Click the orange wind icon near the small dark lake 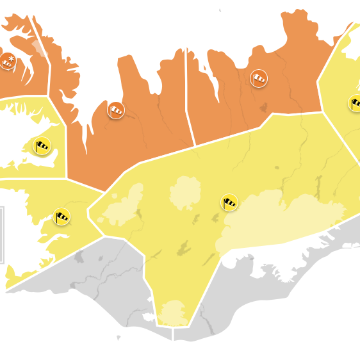(x=259, y=79)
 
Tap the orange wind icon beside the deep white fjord (x=116, y=110)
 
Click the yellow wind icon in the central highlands (x=229, y=202)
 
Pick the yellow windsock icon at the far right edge (x=356, y=102)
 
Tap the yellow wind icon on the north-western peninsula (x=42, y=146)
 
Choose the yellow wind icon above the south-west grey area (x=61, y=217)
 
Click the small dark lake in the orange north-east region (x=263, y=107)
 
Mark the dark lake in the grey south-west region (x=80, y=258)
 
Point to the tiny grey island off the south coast (x=118, y=338)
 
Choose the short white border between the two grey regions (x=174, y=333)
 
